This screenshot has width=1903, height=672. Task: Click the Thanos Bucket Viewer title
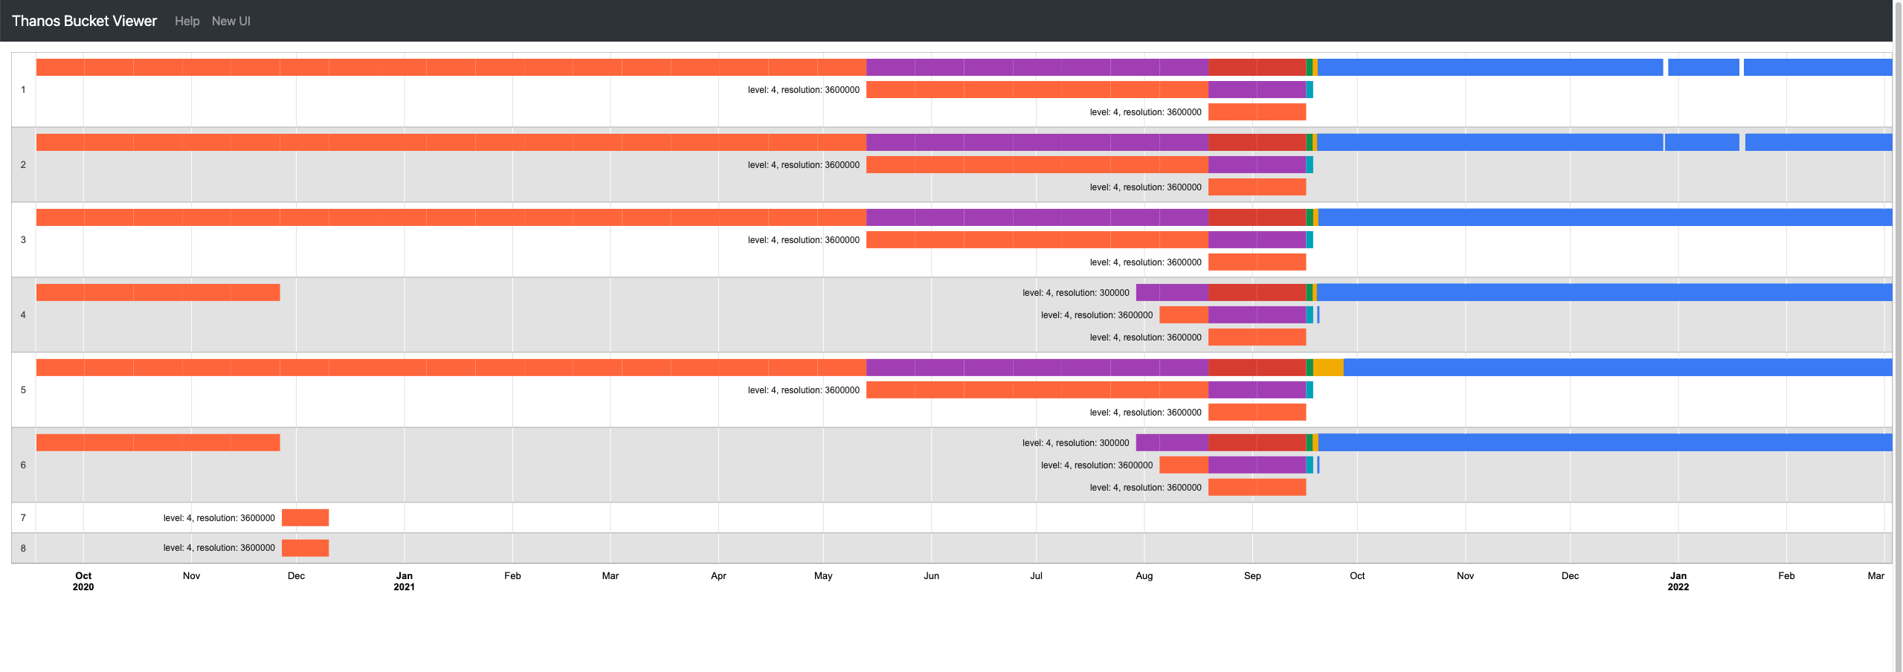tap(84, 21)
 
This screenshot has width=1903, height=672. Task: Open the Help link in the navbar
tap(187, 21)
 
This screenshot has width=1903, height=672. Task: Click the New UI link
tap(231, 21)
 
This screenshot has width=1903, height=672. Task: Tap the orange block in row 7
tap(305, 517)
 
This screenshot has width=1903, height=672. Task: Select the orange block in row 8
tap(305, 548)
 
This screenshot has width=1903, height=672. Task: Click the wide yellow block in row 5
tap(1327, 367)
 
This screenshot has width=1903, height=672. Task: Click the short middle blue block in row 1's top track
tap(1703, 67)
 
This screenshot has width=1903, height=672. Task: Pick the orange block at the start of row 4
tap(158, 292)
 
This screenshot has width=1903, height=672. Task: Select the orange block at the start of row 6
tap(158, 442)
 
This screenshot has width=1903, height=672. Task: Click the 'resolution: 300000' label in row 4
tap(1075, 293)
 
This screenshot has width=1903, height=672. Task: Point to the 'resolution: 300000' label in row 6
tap(1075, 443)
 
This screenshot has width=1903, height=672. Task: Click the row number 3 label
tap(23, 239)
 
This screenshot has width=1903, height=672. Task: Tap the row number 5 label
tap(23, 390)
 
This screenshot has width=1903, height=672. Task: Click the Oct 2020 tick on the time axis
tap(83, 581)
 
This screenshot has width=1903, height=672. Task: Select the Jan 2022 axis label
tap(1678, 581)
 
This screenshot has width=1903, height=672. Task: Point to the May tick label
tap(823, 575)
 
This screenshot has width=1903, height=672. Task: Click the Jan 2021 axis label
tap(404, 581)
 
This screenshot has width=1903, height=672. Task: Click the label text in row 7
tap(219, 518)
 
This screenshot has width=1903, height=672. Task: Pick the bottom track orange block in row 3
tap(1257, 262)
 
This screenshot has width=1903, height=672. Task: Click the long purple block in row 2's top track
tap(1037, 142)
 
